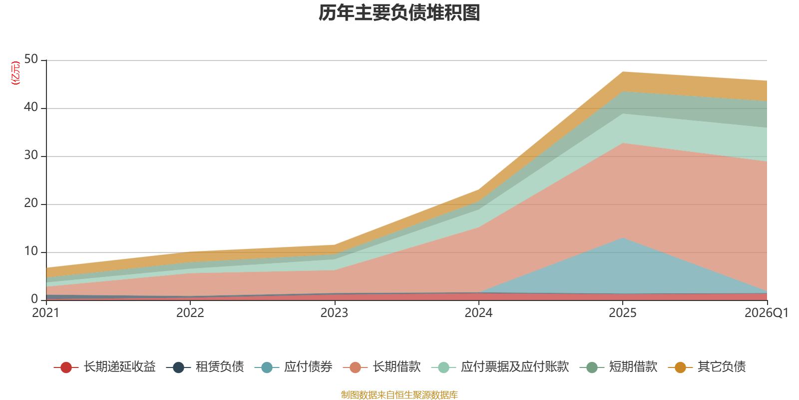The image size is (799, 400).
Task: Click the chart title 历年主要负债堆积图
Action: tap(399, 13)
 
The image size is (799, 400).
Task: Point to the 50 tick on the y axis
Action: tap(31, 59)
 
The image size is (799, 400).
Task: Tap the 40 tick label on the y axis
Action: tap(31, 107)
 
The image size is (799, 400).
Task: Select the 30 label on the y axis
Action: tap(31, 155)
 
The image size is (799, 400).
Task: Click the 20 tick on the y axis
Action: tap(31, 203)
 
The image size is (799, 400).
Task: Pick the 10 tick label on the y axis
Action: tap(31, 251)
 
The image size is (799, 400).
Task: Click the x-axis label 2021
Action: tap(45, 313)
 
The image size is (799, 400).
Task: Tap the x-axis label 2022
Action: tap(190, 313)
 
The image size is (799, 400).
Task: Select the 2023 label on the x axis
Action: tap(334, 313)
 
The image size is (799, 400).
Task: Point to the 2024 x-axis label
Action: tap(478, 313)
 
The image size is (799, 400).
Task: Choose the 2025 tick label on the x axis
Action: tap(622, 313)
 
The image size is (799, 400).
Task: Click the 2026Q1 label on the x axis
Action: tap(766, 313)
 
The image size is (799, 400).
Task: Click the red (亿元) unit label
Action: tap(15, 73)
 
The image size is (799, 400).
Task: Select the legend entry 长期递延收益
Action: tap(105, 367)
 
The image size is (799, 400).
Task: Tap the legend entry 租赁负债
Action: tap(205, 367)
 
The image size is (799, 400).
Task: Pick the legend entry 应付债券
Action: tap(294, 367)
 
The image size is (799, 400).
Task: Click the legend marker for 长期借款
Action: tap(355, 367)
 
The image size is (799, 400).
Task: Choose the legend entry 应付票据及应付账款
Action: tap(500, 367)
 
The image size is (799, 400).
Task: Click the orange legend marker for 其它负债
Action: tap(680, 367)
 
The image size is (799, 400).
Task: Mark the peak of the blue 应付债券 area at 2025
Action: tap(623, 238)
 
